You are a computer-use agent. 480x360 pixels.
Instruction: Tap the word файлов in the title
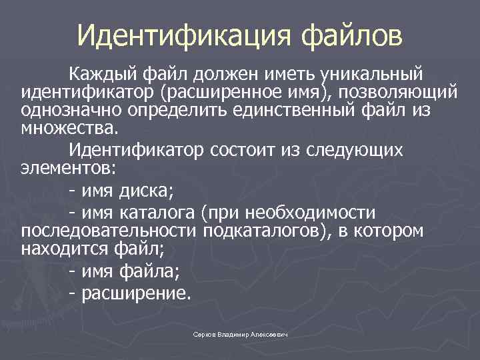(x=353, y=36)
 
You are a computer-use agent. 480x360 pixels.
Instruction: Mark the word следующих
(x=356, y=149)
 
